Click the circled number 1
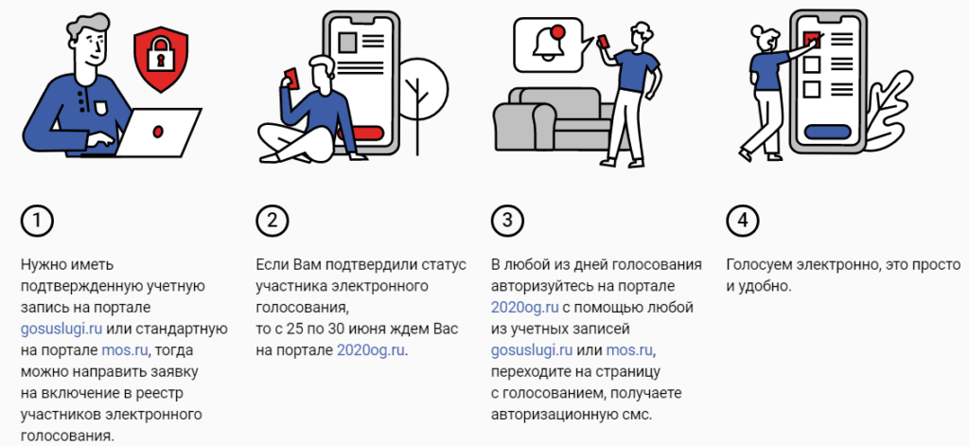[37, 221]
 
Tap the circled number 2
[273, 221]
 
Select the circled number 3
[507, 221]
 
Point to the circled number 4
[742, 221]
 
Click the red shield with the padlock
[161, 60]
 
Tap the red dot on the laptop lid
[158, 131]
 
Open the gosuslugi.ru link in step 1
[62, 329]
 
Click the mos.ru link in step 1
[125, 350]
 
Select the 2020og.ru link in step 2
[371, 350]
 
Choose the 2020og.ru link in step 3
[525, 308]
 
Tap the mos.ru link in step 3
[629, 350]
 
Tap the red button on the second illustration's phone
[362, 134]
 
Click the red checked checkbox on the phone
[812, 40]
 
